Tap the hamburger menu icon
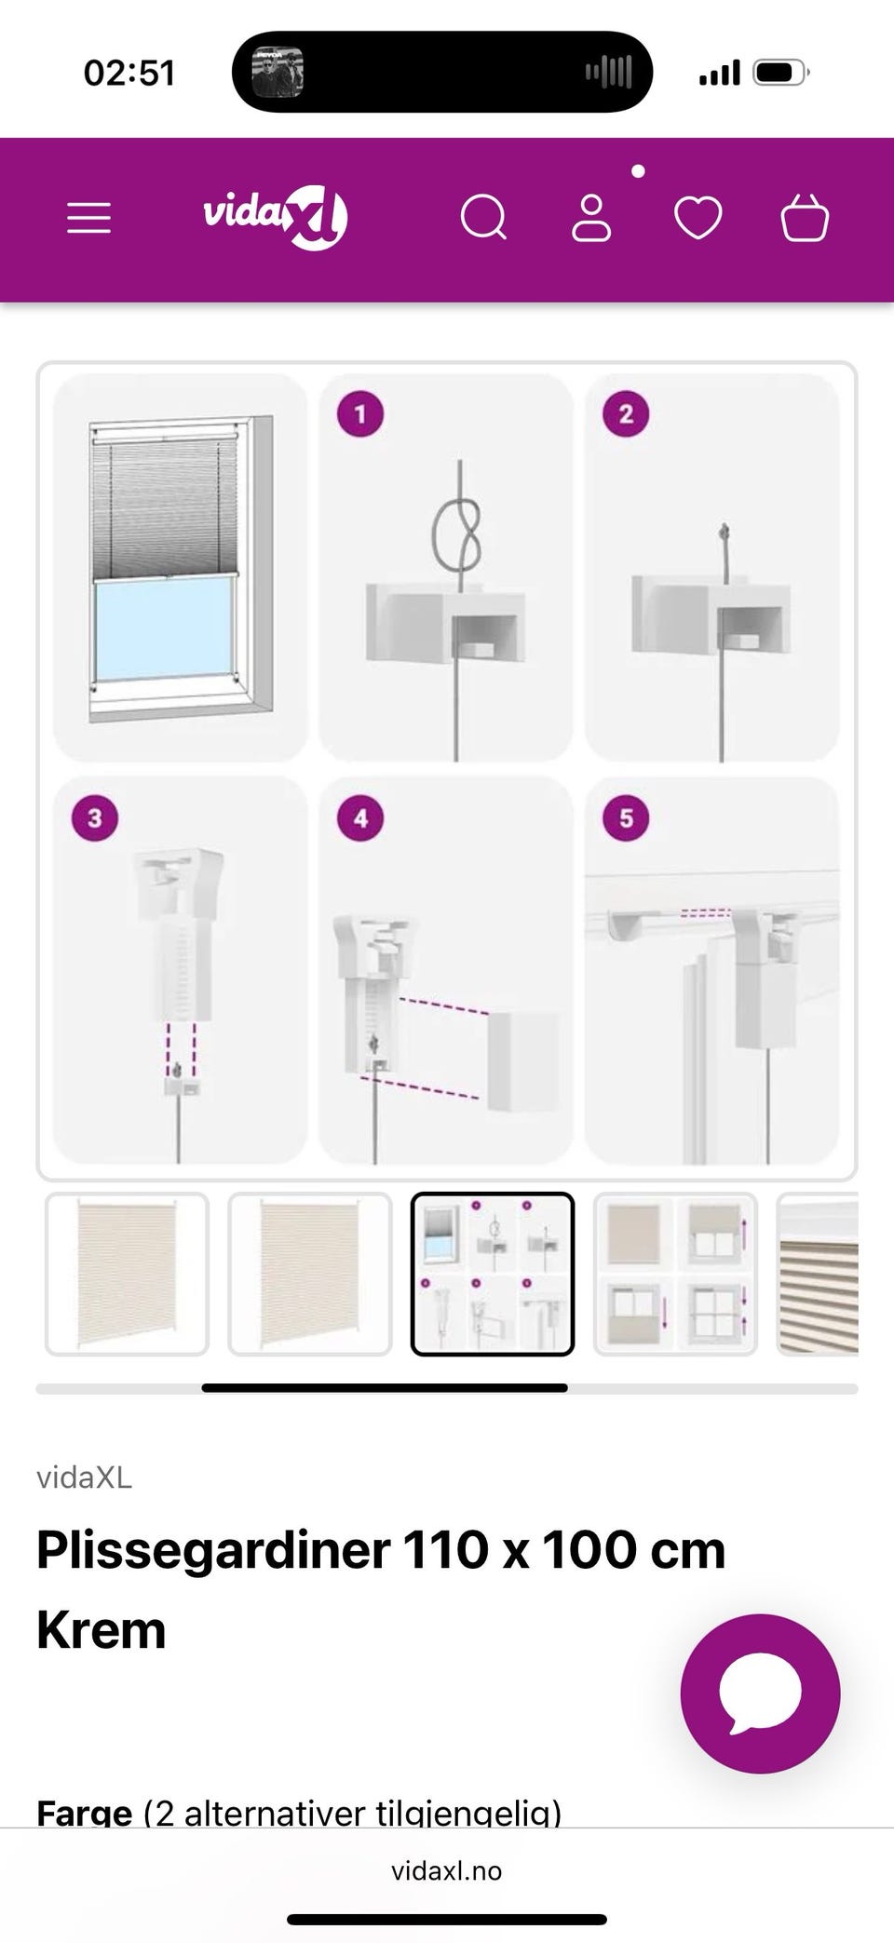pyautogui.click(x=88, y=219)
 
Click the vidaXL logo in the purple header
pyautogui.click(x=276, y=217)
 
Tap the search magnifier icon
pyautogui.click(x=484, y=219)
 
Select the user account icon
pyautogui.click(x=591, y=219)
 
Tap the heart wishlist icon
pyautogui.click(x=698, y=219)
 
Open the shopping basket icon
pyautogui.click(x=805, y=218)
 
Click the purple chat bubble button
pyautogui.click(x=760, y=1693)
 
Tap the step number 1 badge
pyautogui.click(x=360, y=414)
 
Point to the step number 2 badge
pyautogui.click(x=626, y=414)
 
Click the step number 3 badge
pyautogui.click(x=95, y=818)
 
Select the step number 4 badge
pyautogui.click(x=360, y=818)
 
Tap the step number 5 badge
pyautogui.click(x=626, y=818)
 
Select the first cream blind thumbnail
pyautogui.click(x=127, y=1274)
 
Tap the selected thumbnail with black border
pyautogui.click(x=493, y=1274)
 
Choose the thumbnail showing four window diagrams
pyautogui.click(x=675, y=1274)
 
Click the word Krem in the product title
pyautogui.click(x=102, y=1630)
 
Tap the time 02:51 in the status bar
pyautogui.click(x=129, y=73)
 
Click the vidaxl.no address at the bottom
pyautogui.click(x=447, y=1870)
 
